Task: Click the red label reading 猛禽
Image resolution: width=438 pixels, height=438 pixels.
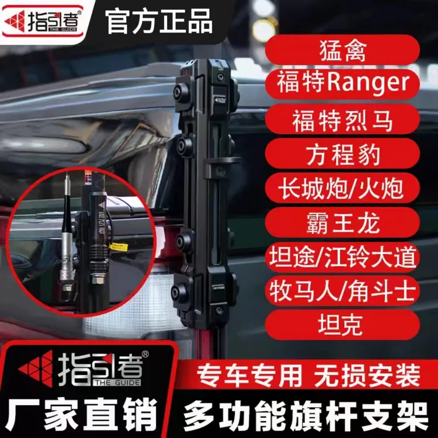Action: click(x=342, y=50)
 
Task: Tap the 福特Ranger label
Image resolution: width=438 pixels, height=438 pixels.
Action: click(x=342, y=84)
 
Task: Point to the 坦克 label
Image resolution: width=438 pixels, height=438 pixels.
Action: click(x=342, y=325)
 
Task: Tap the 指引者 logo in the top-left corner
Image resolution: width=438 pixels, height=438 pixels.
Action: click(x=43, y=21)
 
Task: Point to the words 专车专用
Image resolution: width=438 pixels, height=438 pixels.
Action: click(x=249, y=376)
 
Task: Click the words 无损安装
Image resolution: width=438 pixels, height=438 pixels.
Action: click(x=367, y=376)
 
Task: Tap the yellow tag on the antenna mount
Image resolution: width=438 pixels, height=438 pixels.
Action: click(x=119, y=246)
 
